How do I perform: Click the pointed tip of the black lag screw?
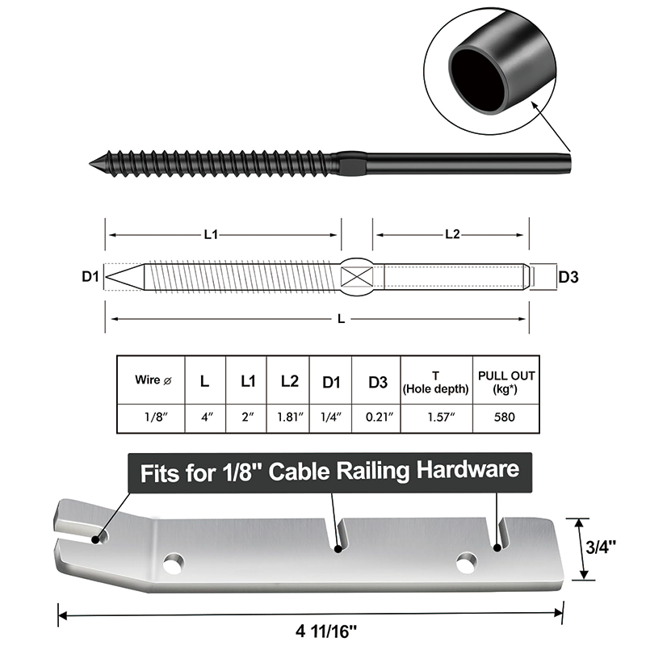point(92,165)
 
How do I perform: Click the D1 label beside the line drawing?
point(90,277)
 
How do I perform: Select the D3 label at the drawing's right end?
point(568,277)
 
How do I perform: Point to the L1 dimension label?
point(211,234)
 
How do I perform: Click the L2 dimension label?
point(452,234)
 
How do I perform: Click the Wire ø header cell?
point(151,379)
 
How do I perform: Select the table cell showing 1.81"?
point(289,418)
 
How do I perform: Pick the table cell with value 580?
point(506,418)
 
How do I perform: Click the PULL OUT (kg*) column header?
point(506,380)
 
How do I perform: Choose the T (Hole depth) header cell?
point(435,380)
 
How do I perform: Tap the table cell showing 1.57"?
point(435,418)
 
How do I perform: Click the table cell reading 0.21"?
point(377,418)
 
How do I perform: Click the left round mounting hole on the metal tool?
point(172,562)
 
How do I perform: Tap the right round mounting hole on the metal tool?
point(465,562)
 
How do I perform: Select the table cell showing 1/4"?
point(330,418)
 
